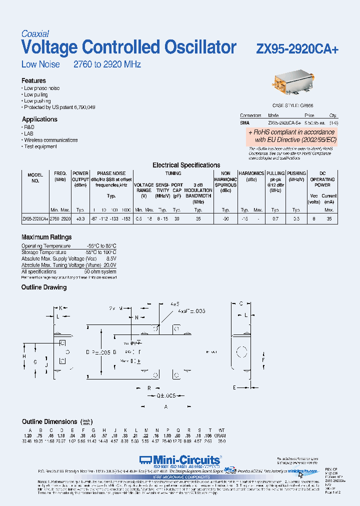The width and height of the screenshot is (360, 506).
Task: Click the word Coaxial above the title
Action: pyautogui.click(x=35, y=34)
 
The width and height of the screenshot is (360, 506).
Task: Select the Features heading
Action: pyautogui.click(x=33, y=80)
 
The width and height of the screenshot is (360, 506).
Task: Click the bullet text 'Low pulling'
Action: pyautogui.click(x=36, y=94)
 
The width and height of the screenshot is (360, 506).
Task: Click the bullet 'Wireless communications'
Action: pyautogui.click(x=51, y=140)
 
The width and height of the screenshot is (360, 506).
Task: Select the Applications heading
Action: pyautogui.click(x=39, y=119)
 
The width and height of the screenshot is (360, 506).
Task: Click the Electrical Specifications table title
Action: pyautogui.click(x=186, y=165)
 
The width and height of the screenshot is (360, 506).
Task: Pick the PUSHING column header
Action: pyautogui.click(x=296, y=173)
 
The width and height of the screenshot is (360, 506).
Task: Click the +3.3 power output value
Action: pyautogui.click(x=80, y=219)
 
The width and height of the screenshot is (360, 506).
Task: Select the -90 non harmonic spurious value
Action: pyautogui.click(x=225, y=219)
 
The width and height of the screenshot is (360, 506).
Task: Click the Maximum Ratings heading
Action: pyautogui.click(x=46, y=237)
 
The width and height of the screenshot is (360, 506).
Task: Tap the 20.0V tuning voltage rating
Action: pyautogui.click(x=110, y=265)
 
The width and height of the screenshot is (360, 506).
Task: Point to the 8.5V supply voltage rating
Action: pyautogui.click(x=111, y=258)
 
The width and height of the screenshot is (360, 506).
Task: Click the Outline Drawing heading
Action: pyautogui.click(x=44, y=287)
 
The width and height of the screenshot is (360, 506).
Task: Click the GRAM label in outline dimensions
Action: pyautogui.click(x=220, y=436)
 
